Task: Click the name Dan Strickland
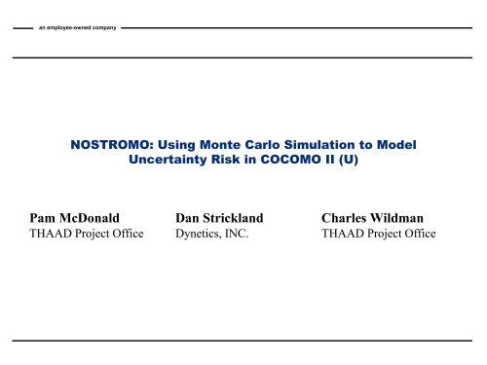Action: click(x=227, y=217)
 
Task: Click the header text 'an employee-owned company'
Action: click(x=75, y=26)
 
